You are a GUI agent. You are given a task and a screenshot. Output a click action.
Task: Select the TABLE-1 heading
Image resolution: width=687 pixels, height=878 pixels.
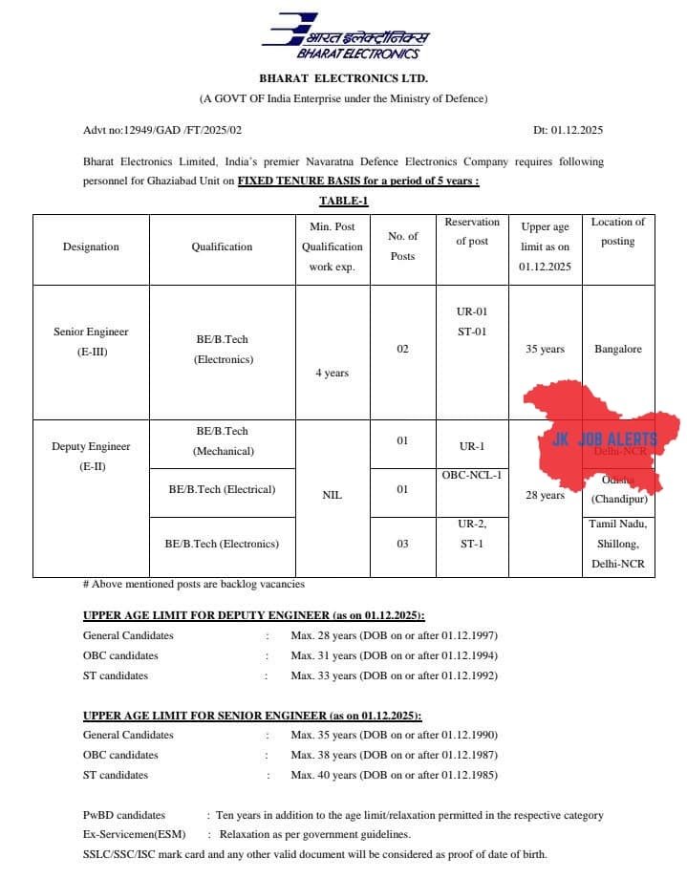coord(344,201)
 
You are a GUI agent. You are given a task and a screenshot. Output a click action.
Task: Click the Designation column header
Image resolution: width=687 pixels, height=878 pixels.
coord(91,246)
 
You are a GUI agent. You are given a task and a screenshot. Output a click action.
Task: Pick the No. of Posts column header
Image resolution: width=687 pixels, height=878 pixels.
coord(402,246)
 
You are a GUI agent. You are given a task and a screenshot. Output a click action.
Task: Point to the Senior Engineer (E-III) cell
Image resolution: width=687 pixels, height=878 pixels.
coord(91,341)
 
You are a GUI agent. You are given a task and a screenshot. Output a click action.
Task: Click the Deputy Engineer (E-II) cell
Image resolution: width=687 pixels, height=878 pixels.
coord(91,456)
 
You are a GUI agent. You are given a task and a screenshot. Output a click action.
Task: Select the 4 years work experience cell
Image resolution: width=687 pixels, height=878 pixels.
coord(332,373)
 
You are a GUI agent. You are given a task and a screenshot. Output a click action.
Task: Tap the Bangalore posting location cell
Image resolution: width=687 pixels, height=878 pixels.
coord(617,349)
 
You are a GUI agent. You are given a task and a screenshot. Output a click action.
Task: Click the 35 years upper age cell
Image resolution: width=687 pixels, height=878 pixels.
coord(545,349)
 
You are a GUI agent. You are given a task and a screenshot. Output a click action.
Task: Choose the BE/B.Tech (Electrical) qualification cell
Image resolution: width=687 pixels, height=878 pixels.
coord(222,489)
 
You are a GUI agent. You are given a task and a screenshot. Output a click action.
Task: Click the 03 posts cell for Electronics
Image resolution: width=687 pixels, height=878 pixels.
coord(402,544)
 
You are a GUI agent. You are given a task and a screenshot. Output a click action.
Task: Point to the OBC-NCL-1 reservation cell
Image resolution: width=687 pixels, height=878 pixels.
coord(472,475)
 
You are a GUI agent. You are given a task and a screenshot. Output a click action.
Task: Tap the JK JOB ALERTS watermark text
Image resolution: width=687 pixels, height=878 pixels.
coord(605,439)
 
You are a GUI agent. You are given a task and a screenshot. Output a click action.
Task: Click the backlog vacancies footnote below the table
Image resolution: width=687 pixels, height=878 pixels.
coord(194,584)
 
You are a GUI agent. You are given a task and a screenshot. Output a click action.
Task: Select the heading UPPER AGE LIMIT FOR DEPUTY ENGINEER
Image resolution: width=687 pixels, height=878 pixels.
coord(254,615)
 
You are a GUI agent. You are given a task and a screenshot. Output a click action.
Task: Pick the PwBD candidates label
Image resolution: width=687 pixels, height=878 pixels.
coord(124,815)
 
